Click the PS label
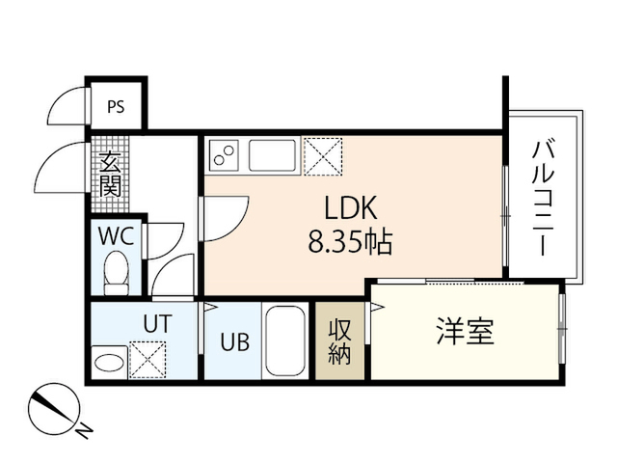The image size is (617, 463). point(116,107)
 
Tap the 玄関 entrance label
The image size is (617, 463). point(109,174)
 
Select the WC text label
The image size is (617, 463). point(117,236)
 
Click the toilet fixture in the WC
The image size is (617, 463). point(116,273)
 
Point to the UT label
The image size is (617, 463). point(157,323)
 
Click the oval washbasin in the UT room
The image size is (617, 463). point(109,363)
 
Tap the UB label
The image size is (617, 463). point(235,341)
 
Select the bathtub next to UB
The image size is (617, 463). point(286,341)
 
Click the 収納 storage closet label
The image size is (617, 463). point(340,340)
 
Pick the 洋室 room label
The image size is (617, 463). point(466,332)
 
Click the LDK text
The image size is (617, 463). point(351,207)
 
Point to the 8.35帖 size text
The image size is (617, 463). point(350,242)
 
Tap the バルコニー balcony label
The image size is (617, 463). point(544,199)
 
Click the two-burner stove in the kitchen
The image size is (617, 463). point(224,154)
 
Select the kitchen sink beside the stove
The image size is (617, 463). point(272,155)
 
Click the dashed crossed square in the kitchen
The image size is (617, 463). point(323,156)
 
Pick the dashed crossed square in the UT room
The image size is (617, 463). point(148,360)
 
